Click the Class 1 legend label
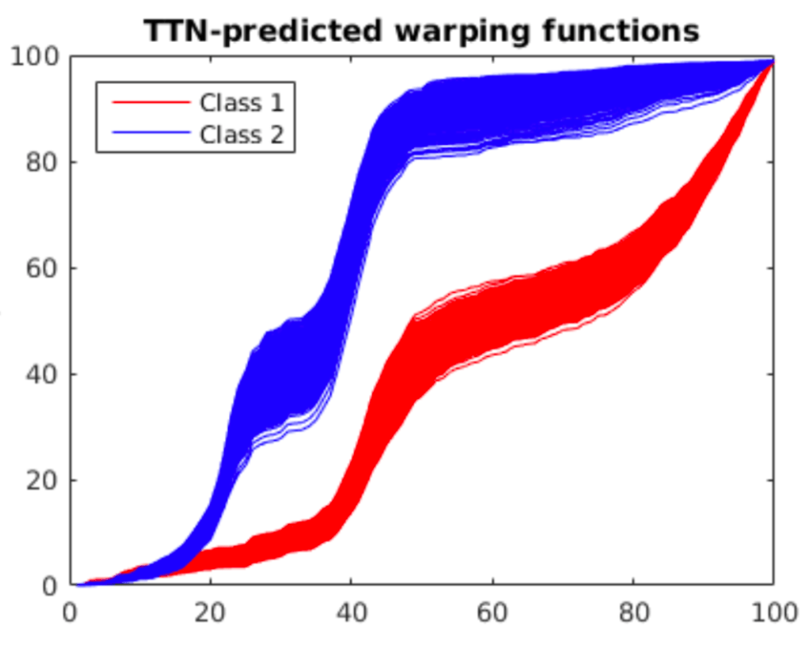point(241,102)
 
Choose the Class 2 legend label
point(241,133)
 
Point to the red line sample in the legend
point(151,102)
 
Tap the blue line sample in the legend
point(151,133)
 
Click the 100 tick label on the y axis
point(35,57)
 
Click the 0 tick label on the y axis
point(51,586)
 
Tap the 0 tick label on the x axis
point(70,612)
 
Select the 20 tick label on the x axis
point(211,612)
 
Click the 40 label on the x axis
point(352,612)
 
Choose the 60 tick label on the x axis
point(492,612)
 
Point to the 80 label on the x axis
point(633,612)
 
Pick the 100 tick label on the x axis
point(773,612)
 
